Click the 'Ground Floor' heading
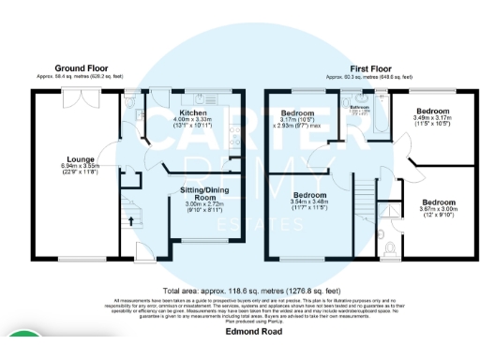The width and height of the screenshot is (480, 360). coord(81,67)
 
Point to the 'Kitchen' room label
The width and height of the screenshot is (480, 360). coord(192,112)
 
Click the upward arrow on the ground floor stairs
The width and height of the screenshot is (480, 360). coord(130,221)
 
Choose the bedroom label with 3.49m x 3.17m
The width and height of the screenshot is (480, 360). coord(432,112)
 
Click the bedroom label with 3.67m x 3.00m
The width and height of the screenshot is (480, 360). coord(438,202)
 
